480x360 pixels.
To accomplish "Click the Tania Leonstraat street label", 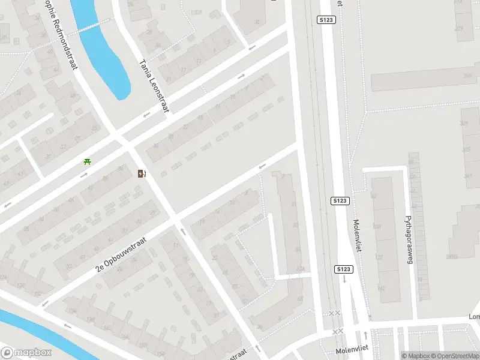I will [154, 85].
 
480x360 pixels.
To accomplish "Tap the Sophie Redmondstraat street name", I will [61, 33].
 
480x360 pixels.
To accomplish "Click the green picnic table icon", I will [88, 161].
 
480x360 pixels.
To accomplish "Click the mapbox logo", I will [26, 353].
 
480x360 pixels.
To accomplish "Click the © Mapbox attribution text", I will [416, 355].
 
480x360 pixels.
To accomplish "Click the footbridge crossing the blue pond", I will [89, 28].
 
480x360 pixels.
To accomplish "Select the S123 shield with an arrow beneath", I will [343, 269].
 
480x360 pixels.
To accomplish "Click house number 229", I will [460, 29].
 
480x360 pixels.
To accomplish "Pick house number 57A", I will [301, 268].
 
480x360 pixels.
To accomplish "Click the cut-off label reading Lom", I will [474, 316].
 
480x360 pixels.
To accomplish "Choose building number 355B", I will [451, 257].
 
